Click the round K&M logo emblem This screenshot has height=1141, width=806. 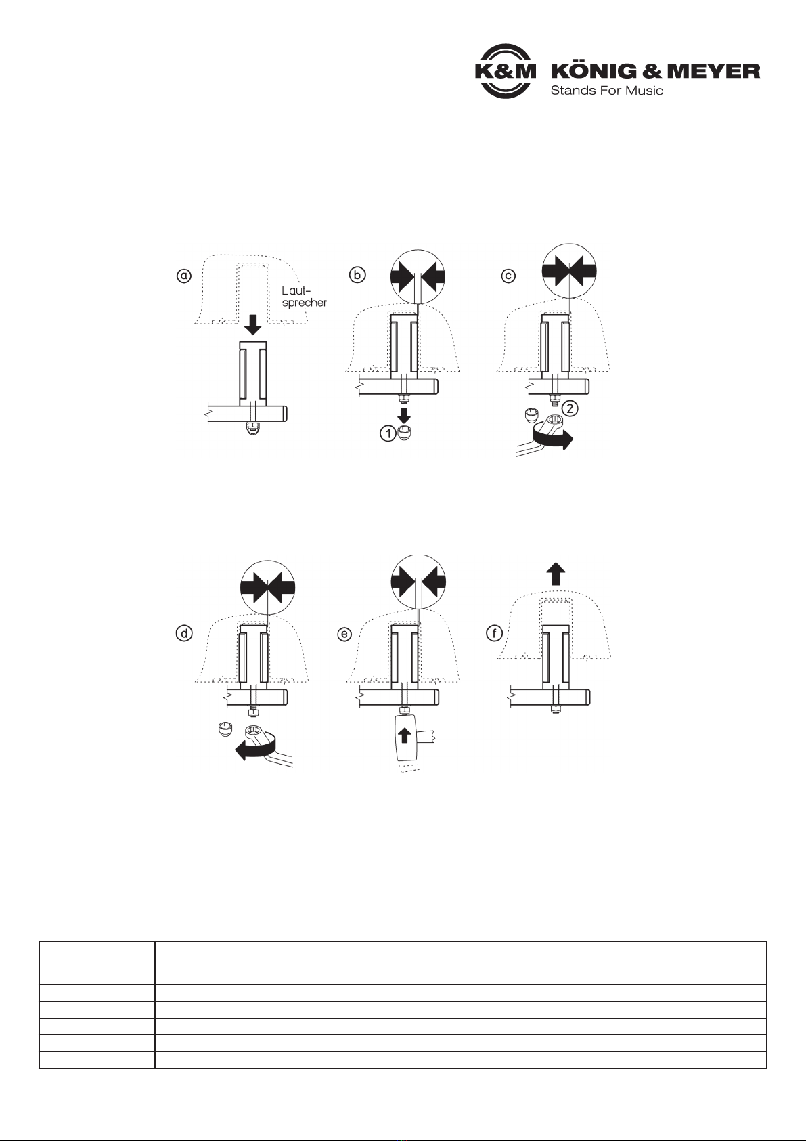click(x=506, y=71)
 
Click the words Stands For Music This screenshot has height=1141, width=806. click(x=607, y=91)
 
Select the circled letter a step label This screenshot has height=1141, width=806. click(x=184, y=276)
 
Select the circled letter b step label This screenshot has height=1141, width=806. click(x=357, y=275)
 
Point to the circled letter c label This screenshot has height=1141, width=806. click(x=508, y=276)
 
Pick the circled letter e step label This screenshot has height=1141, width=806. click(x=344, y=634)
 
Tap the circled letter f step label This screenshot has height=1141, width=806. click(x=495, y=634)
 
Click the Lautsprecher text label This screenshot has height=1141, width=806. click(x=304, y=297)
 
